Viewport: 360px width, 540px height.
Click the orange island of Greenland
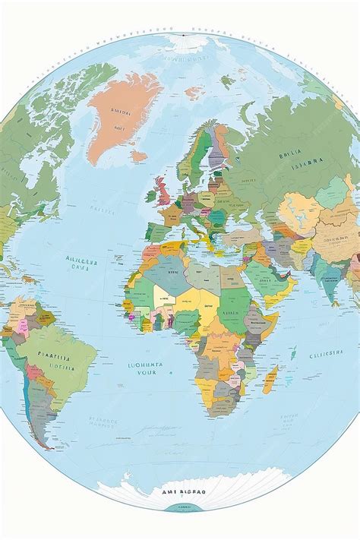tap(122, 114)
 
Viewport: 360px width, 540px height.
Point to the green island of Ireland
tap(151, 195)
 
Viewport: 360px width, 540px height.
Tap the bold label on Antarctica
tap(184, 491)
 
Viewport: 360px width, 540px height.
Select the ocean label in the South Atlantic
tap(142, 369)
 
